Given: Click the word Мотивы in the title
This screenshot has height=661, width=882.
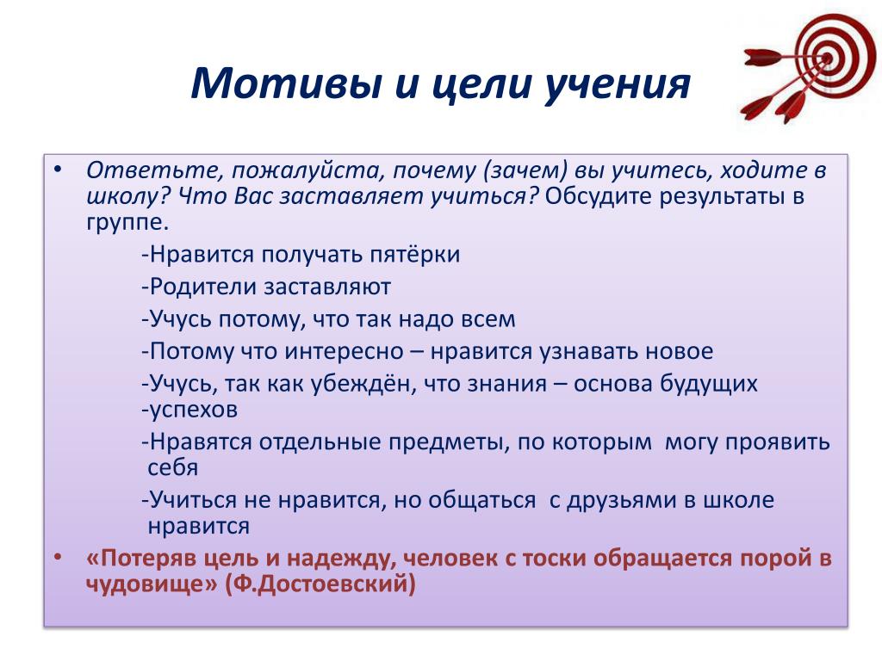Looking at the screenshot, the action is point(286,83).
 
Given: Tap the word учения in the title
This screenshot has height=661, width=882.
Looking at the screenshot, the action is point(617,85).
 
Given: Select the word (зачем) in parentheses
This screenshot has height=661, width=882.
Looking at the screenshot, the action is point(525,170).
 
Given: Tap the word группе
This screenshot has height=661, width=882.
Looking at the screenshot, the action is point(127,223).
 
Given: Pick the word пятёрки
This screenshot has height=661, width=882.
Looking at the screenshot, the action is point(414,255).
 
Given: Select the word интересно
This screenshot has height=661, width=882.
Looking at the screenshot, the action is point(344,351).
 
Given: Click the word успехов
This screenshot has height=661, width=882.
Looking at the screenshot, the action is point(193,410).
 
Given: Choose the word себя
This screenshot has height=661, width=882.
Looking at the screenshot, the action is point(172,468).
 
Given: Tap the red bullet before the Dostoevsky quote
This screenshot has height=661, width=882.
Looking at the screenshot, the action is point(58,558).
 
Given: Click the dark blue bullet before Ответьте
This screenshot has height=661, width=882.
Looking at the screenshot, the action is point(58,170).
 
